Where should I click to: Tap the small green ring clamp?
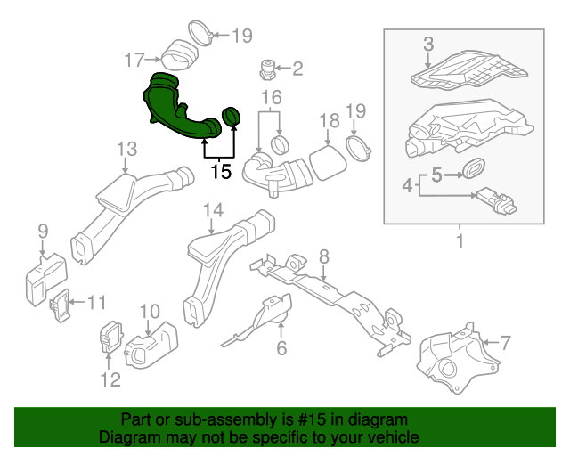232,117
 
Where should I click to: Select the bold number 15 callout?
220,171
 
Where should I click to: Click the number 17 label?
134,61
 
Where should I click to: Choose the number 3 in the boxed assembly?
427,44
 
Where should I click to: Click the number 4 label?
408,186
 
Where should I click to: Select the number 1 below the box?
460,241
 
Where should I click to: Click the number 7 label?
505,342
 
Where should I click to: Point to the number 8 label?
324,256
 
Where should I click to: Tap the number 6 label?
281,348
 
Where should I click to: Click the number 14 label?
212,210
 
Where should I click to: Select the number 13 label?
126,148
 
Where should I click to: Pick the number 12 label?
109,380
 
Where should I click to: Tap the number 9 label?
42,232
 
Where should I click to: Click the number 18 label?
329,120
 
